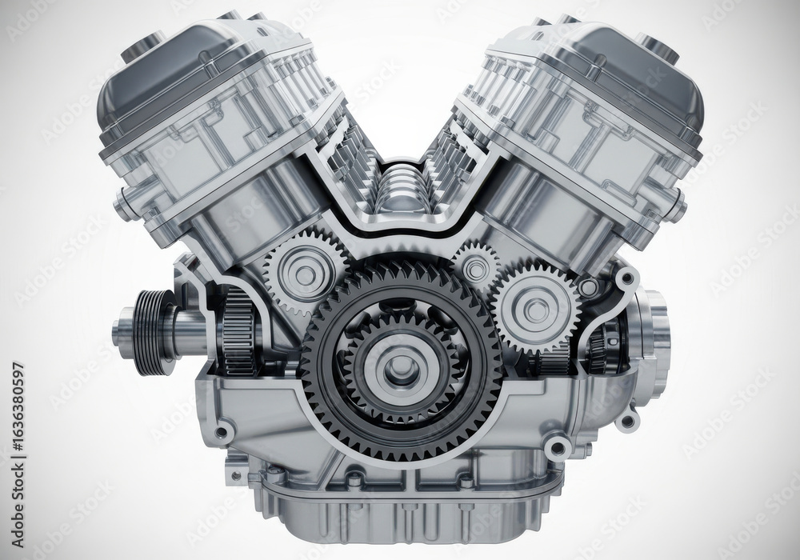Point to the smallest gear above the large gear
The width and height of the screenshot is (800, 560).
click(476, 269)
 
